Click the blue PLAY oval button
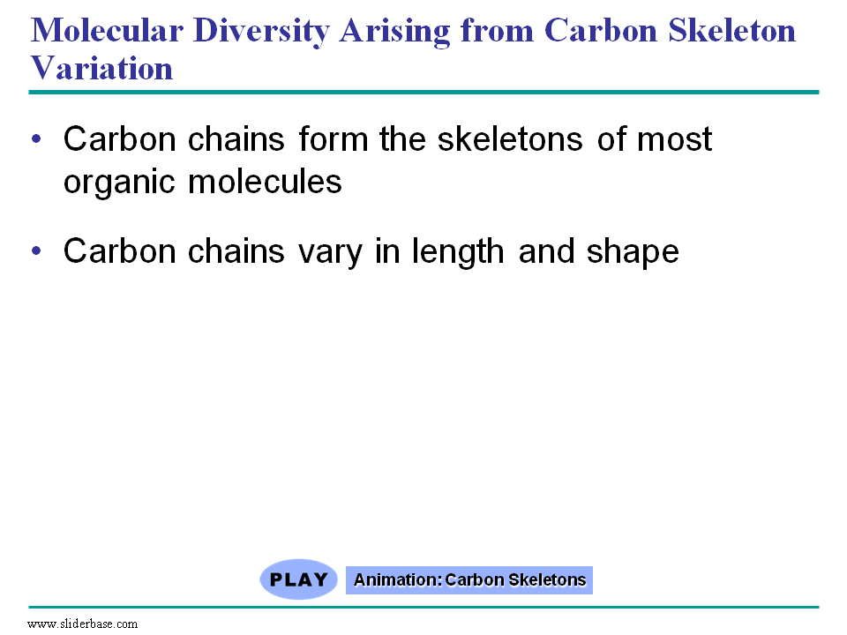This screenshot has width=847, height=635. tap(299, 579)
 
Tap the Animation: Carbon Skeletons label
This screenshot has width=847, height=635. tap(469, 580)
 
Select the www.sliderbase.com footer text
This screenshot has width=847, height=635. tap(83, 624)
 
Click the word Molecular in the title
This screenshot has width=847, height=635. tap(107, 30)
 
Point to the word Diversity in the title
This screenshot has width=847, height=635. tap(261, 32)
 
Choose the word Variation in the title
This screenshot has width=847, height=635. tap(101, 68)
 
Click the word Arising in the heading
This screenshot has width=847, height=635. tap(394, 32)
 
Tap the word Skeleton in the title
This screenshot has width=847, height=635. tap(732, 30)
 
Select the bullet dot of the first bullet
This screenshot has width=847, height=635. tap(36, 138)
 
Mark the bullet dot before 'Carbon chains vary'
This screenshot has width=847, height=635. tap(36, 250)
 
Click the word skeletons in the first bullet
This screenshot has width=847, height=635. tap(510, 138)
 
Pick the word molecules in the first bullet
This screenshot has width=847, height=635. tap(265, 181)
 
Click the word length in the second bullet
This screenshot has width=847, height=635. tap(458, 252)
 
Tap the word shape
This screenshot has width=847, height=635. tap(633, 252)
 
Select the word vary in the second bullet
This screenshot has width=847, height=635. tap(330, 254)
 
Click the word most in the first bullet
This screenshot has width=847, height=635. tap(675, 140)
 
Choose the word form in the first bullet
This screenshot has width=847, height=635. tap(333, 138)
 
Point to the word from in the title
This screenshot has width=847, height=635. tap(497, 30)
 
